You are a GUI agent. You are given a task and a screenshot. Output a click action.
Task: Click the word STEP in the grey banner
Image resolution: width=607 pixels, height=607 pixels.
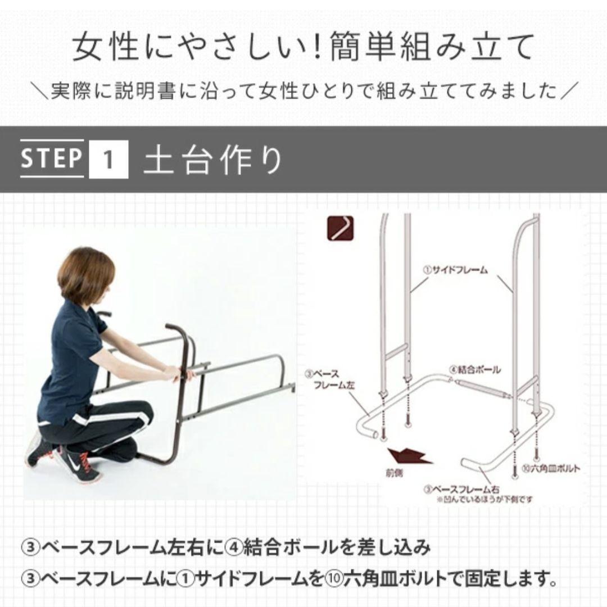[x=52, y=158]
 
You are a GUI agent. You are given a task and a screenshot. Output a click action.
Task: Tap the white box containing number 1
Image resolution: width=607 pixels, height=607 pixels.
[x=108, y=159]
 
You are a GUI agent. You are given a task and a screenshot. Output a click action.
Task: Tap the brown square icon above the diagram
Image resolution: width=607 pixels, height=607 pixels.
[x=342, y=229]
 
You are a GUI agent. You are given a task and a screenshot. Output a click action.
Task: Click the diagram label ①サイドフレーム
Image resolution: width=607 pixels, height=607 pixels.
[x=455, y=270]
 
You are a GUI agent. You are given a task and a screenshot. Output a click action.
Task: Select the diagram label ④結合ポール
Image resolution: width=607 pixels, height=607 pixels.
[x=475, y=370]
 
